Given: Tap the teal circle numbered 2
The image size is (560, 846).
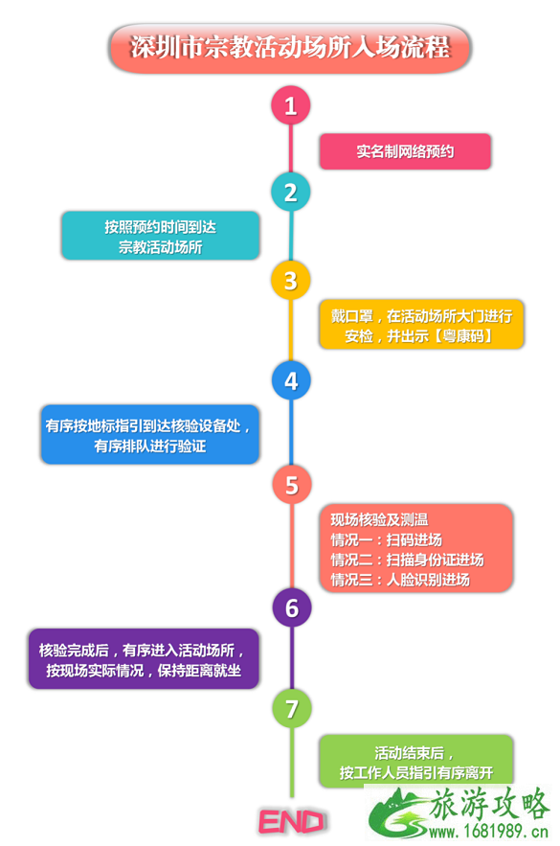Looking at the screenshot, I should [290, 192].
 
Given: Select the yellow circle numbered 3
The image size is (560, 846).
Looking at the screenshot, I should [290, 280].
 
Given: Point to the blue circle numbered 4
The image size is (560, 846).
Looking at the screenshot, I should [290, 380].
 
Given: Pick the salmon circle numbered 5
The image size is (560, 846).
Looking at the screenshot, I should [290, 483].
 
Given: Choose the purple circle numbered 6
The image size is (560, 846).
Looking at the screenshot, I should [290, 607].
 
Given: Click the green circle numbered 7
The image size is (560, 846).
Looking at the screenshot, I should [290, 708].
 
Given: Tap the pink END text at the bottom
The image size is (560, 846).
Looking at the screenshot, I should [292, 821].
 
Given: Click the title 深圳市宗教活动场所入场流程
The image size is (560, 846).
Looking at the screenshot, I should [289, 47].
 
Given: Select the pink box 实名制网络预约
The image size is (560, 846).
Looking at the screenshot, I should [405, 151].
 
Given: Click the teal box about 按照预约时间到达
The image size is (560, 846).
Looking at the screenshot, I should [160, 236].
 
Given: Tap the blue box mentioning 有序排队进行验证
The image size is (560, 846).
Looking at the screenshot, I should [150, 435].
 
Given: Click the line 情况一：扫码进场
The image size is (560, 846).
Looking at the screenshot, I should [387, 540].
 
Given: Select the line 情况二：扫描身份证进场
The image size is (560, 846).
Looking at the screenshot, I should [407, 560].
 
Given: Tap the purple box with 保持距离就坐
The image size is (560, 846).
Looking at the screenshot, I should [144, 658].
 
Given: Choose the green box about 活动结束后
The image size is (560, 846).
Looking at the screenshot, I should [415, 762].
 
